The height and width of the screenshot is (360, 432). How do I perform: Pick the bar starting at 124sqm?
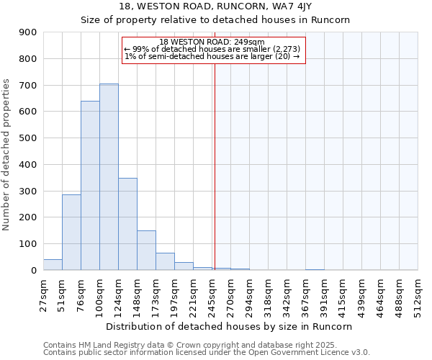pos(127,224)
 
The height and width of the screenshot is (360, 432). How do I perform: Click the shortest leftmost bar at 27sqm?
pos(53,265)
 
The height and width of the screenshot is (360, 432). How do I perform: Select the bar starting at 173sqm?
pos(165,261)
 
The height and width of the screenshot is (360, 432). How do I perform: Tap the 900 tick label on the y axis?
pos(28,32)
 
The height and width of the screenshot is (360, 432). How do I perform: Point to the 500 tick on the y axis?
pos(28,138)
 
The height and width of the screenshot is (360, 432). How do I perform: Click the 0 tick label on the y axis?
pos(33,270)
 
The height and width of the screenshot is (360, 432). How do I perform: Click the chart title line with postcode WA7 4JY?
pos(215,7)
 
